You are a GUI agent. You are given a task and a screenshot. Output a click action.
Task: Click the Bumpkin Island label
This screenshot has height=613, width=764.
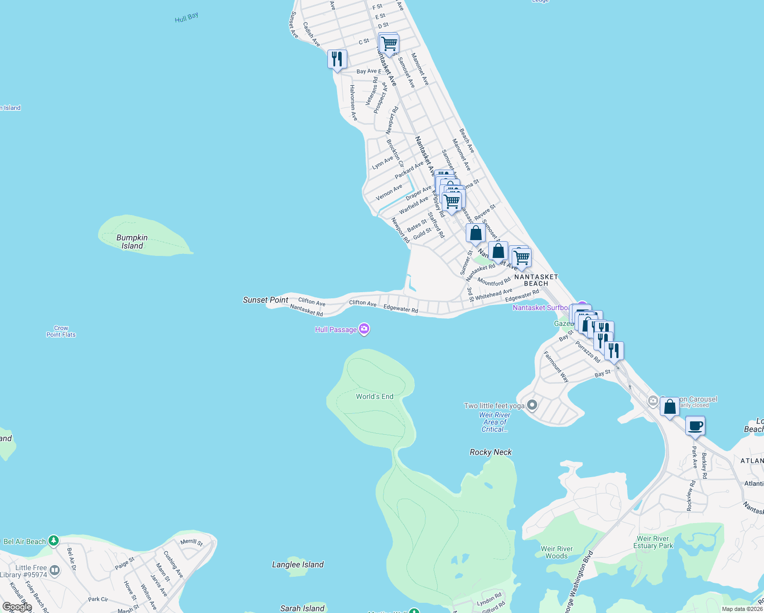pos(132,242)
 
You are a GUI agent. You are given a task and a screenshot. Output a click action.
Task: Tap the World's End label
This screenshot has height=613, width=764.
pos(374,396)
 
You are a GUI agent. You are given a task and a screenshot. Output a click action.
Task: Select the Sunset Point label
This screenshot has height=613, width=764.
pos(266,300)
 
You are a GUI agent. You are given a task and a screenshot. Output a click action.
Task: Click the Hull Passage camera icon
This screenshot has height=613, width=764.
pos(364,329)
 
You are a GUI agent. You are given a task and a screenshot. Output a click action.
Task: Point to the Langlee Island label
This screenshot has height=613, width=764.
pos(298,564)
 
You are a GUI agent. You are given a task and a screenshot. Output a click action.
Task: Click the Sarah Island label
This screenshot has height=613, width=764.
pos(302,608)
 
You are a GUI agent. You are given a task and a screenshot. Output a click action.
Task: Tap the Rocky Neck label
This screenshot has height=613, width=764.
pos(490,452)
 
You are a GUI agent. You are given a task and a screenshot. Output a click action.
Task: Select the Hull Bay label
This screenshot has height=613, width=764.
pos(186,18)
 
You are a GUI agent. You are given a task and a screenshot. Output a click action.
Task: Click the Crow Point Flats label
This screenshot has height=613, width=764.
pos(61,332)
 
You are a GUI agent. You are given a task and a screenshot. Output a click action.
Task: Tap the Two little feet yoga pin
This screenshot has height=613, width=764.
pos(532,405)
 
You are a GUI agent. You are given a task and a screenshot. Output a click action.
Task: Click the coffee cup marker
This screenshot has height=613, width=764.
pos(695,426)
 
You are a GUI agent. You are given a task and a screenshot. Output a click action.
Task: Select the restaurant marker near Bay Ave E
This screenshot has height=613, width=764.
pos(337,59)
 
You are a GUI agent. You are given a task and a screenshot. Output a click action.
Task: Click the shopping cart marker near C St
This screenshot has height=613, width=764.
pos(389,44)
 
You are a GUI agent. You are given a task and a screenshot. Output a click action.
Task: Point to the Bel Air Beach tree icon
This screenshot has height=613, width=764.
pos(53,540)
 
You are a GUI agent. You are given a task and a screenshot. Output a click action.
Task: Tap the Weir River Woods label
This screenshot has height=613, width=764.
pos(557,552)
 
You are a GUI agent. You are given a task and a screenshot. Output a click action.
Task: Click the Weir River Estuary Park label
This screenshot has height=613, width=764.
pos(655,542)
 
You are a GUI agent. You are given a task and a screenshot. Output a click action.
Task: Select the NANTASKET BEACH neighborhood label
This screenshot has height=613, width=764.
pos(536,280)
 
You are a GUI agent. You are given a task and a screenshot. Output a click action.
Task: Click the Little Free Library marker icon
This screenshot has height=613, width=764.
pos(55,570)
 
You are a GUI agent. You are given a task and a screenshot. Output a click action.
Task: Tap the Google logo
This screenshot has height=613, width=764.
pos(17,607)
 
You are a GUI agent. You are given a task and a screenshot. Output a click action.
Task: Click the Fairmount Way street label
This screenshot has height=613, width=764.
pos(556,366)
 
